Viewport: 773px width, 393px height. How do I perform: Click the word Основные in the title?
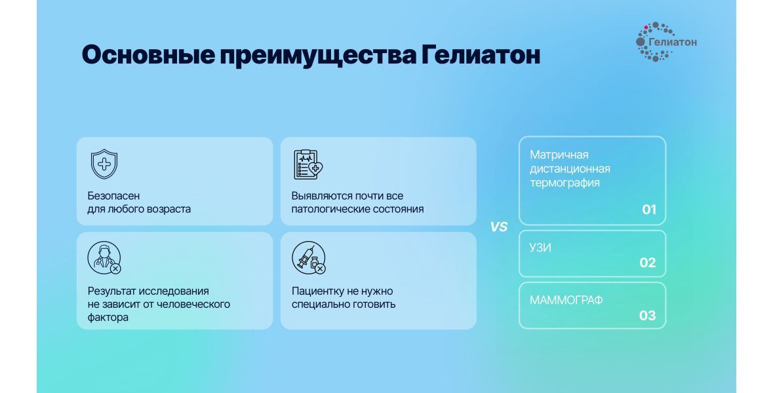point(148,54)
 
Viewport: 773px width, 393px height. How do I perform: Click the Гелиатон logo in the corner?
point(667,42)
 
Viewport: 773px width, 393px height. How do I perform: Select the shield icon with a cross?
point(104,164)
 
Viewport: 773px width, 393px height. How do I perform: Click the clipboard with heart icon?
point(308,164)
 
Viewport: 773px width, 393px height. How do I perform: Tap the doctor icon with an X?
point(104,257)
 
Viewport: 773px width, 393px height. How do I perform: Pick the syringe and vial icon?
point(309,257)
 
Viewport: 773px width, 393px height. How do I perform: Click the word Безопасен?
point(113,196)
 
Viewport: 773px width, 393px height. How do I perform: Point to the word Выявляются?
point(321,196)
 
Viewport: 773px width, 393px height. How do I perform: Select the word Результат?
point(113,291)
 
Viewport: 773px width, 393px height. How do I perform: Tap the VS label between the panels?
point(498,227)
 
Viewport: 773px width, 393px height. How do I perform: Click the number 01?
point(649,210)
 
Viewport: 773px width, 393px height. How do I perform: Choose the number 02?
point(648,263)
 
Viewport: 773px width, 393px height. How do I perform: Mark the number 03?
point(648,315)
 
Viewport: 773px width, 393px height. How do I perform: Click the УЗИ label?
point(540,248)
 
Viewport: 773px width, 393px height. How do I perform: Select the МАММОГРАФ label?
point(566,300)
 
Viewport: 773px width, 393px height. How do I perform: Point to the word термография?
point(565,183)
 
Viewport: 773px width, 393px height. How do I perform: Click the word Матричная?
point(559,155)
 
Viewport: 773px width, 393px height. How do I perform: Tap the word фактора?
point(108,318)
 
